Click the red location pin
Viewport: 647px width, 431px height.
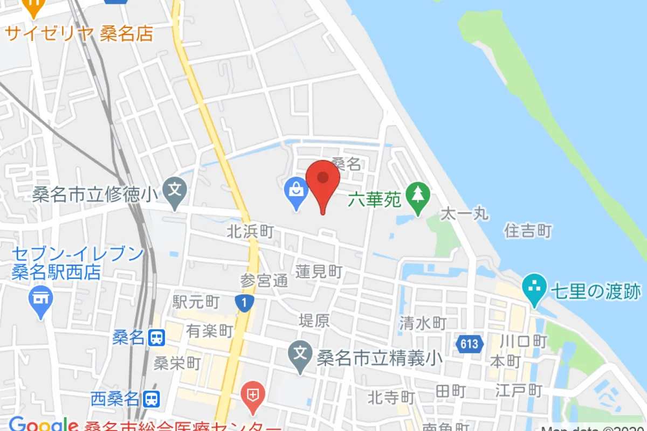pyautogui.click(x=323, y=181)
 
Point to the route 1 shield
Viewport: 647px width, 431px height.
pyautogui.click(x=244, y=303)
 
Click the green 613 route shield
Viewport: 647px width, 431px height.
pyautogui.click(x=469, y=344)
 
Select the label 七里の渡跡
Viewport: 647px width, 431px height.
pyautogui.click(x=596, y=291)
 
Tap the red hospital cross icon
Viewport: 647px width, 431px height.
pyautogui.click(x=252, y=397)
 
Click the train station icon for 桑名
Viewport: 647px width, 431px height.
pyautogui.click(x=156, y=338)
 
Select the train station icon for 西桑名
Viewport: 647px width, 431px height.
pyautogui.click(x=153, y=399)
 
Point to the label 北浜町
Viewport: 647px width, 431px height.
pyautogui.click(x=250, y=232)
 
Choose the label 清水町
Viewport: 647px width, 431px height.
pyautogui.click(x=423, y=323)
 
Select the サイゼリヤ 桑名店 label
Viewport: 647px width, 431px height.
pyautogui.click(x=79, y=33)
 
